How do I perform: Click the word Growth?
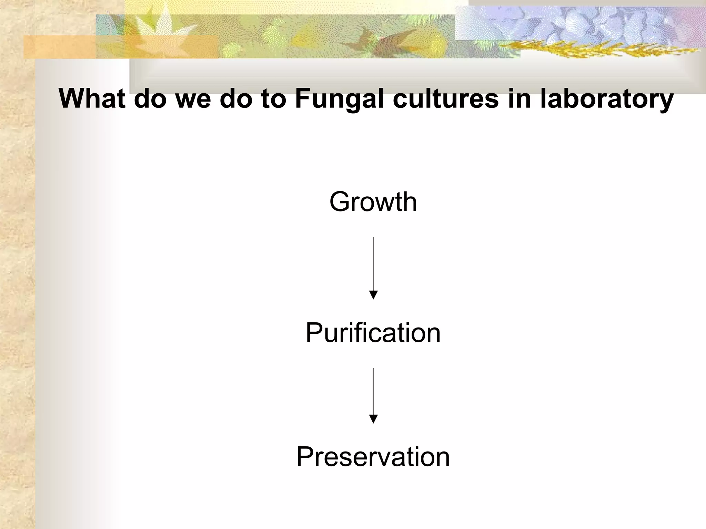pyautogui.click(x=373, y=202)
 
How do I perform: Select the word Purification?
pyautogui.click(x=373, y=333)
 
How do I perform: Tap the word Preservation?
pyautogui.click(x=373, y=457)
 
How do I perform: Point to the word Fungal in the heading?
pyautogui.click(x=339, y=99)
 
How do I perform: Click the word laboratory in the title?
pyautogui.click(x=606, y=99)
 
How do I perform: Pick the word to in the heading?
pyautogui.click(x=273, y=99)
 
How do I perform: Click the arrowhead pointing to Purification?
pyautogui.click(x=373, y=295)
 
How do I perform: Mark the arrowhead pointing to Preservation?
pyautogui.click(x=373, y=419)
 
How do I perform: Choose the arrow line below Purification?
pyautogui.click(x=373, y=391)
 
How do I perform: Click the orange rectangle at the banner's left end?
pyautogui.click(x=59, y=46)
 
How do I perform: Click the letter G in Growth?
pyautogui.click(x=340, y=202)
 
